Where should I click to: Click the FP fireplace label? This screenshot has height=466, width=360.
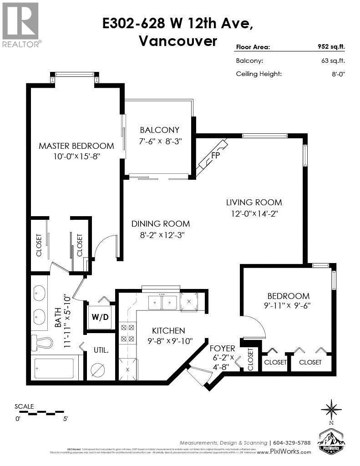pos(216,156)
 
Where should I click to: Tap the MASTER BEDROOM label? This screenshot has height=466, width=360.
pos(76,146)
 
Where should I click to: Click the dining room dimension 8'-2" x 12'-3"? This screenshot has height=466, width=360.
pos(161,235)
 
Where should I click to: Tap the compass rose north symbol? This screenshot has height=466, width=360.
pos(331,408)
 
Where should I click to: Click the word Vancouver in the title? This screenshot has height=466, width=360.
pos(177,41)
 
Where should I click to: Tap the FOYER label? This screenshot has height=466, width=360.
pos(222,348)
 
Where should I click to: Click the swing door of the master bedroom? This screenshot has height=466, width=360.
pos(106,246)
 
